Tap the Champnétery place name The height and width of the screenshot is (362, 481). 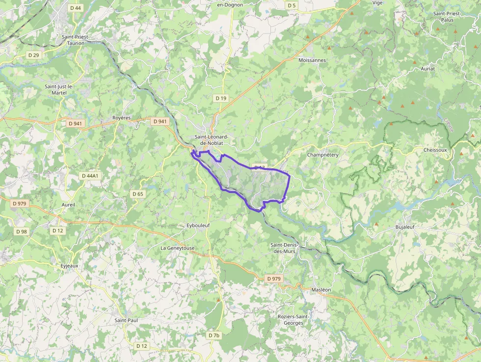(322, 155)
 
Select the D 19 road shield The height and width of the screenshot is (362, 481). (221, 98)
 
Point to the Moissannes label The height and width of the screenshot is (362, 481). (312, 60)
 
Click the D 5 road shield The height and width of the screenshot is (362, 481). (292, 5)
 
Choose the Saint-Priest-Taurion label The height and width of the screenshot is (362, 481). (73, 40)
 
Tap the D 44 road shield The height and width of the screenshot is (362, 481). (76, 8)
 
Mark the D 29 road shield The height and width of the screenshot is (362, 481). (33, 55)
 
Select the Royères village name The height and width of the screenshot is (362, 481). (122, 118)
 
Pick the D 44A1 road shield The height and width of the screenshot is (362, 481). (90, 175)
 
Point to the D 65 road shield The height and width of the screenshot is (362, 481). (138, 194)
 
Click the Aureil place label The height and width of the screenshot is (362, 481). (68, 204)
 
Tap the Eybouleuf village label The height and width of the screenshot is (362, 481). (198, 225)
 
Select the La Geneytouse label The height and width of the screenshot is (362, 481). (178, 248)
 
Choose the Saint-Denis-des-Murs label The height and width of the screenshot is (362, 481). (288, 248)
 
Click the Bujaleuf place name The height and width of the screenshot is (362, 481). (406, 227)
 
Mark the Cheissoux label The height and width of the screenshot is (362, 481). (435, 150)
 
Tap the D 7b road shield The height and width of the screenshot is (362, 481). (214, 335)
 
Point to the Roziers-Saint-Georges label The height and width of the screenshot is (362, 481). (294, 320)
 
